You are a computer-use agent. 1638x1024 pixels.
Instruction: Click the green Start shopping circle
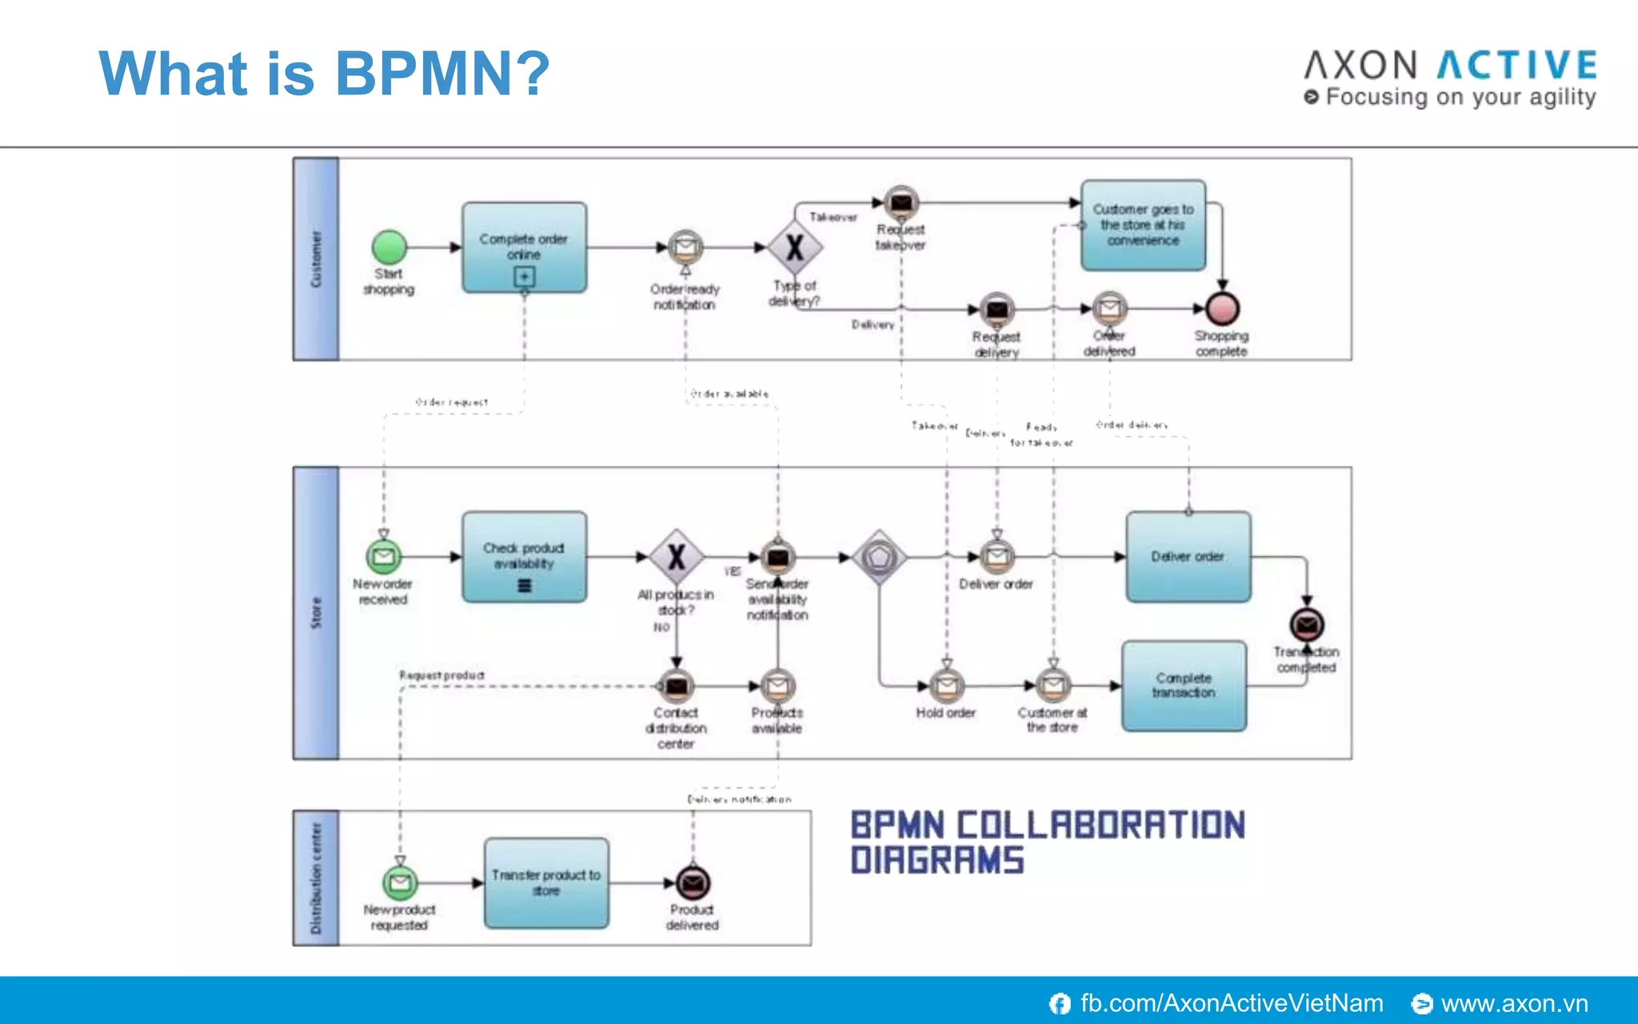390,247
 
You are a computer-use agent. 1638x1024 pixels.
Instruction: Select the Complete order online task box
524,246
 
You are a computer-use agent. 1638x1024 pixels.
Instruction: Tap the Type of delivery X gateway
794,248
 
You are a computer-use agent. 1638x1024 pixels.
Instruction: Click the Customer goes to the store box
1143,225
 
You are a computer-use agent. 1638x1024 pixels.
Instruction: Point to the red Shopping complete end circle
1222,308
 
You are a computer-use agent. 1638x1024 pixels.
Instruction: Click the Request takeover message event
901,203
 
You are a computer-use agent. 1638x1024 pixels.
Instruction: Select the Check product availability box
524,557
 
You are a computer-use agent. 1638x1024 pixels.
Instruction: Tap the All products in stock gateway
677,557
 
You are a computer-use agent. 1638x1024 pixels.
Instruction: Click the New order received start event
384,557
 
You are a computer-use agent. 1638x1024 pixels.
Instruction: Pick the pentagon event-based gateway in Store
879,557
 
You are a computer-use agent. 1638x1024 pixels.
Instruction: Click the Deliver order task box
1188,557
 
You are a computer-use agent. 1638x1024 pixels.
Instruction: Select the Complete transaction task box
1184,686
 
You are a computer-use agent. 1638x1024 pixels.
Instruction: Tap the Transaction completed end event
1307,625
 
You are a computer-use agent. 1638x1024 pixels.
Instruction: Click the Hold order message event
946,686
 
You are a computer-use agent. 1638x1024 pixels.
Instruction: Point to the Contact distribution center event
677,686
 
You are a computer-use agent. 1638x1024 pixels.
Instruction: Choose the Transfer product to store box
546,883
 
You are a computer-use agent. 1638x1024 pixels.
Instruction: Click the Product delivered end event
693,883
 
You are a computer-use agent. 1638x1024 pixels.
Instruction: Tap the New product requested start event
400,883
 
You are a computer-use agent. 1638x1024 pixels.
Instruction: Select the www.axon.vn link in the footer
1513,1003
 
